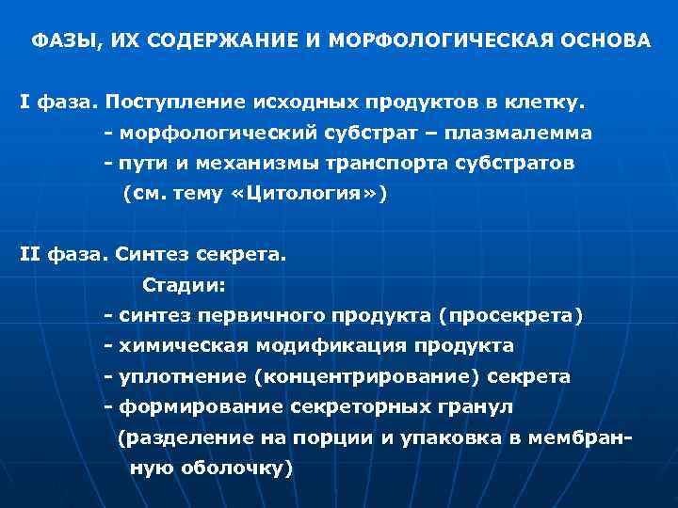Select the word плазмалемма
tap(526, 133)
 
